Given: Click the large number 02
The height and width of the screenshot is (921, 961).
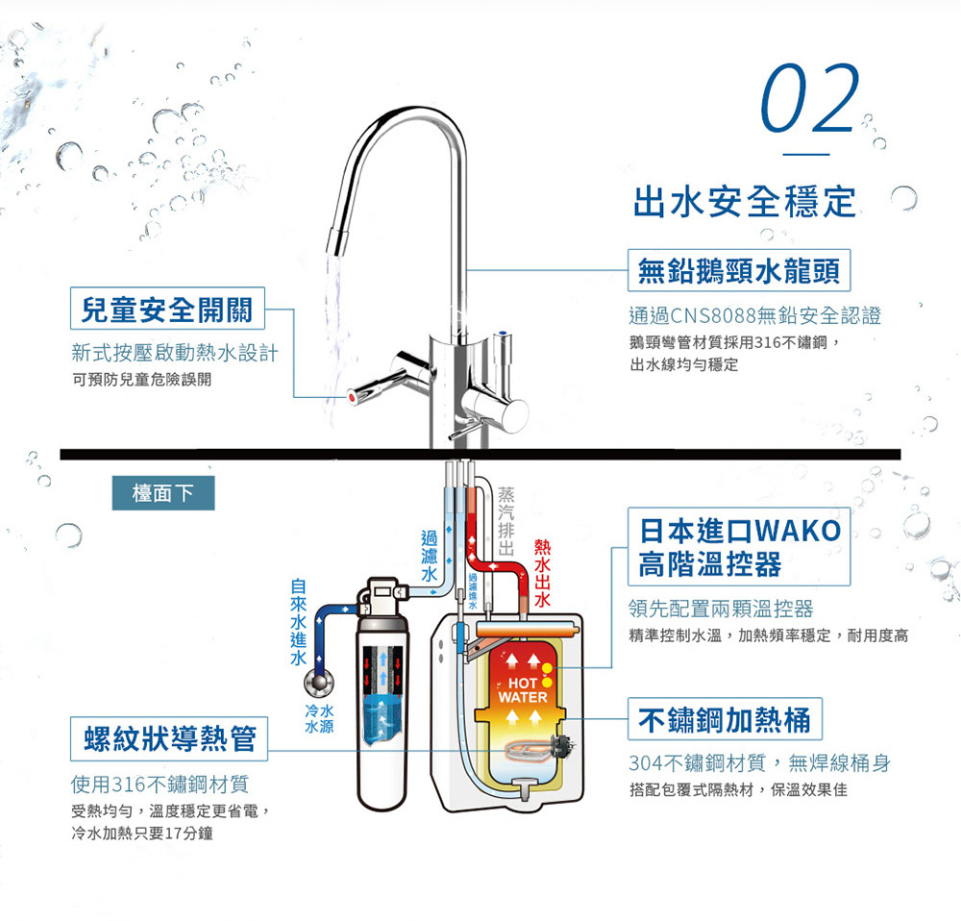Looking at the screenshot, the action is (x=809, y=98).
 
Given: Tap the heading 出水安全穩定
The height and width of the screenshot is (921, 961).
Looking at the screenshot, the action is (x=745, y=201).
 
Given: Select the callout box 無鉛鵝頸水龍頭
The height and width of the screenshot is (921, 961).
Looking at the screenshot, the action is (x=739, y=270).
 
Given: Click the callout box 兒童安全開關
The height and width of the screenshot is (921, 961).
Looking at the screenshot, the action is (x=167, y=309).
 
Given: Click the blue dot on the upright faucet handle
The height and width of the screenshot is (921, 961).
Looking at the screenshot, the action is (x=503, y=335).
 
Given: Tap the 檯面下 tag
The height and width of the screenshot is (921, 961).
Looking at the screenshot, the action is (x=163, y=493).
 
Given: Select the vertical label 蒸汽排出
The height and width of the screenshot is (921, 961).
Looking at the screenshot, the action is (x=505, y=521).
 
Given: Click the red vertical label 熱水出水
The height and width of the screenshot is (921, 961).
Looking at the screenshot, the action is (x=542, y=573).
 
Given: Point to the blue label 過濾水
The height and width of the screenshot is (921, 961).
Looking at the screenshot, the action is (x=429, y=556).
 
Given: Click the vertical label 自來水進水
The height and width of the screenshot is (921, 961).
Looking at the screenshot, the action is (x=299, y=622).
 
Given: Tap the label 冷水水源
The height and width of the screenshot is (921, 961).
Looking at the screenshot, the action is (x=319, y=719).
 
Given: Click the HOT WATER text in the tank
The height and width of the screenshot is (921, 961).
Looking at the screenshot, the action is (x=522, y=690).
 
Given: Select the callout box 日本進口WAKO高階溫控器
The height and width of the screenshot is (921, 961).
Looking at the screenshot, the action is (x=739, y=546).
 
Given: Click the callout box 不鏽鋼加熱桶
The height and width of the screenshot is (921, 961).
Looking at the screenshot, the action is (x=725, y=719).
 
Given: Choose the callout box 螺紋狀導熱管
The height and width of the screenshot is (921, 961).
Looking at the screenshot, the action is (x=169, y=739).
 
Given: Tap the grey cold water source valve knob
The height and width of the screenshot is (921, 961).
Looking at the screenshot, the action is (x=319, y=683).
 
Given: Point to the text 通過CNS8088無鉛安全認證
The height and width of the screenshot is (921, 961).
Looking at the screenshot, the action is (x=755, y=315).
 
